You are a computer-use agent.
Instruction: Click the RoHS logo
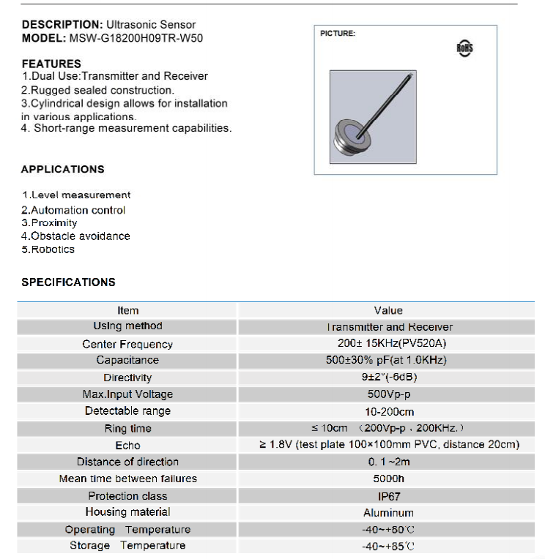(x=464, y=48)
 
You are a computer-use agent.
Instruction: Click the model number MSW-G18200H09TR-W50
(x=136, y=38)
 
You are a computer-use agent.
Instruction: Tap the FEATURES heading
(x=51, y=64)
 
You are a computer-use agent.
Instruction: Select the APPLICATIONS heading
(x=63, y=169)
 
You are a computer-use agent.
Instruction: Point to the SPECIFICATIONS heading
(x=68, y=282)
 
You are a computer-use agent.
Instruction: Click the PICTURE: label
(x=338, y=34)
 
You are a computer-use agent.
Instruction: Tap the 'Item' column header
(x=127, y=310)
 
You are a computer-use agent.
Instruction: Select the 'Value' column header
(x=388, y=310)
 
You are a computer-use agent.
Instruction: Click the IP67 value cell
(x=388, y=495)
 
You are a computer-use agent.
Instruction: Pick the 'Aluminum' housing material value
(x=388, y=513)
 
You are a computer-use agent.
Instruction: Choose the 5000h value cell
(x=388, y=479)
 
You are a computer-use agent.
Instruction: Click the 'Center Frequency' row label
(x=127, y=344)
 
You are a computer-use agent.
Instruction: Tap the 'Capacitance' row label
(x=127, y=360)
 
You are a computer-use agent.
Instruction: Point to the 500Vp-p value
(x=388, y=394)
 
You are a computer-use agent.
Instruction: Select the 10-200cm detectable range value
(x=388, y=411)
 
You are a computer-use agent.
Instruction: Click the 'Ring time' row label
(x=127, y=429)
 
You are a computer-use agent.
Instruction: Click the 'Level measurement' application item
(x=77, y=195)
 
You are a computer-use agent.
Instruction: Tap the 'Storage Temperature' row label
(x=127, y=545)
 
